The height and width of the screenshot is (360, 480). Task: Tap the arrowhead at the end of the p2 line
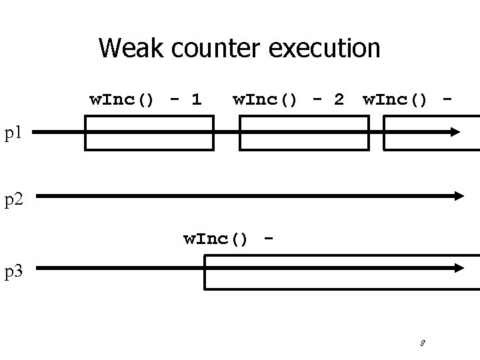point(458,195)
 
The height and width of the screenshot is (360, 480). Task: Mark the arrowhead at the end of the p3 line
point(458,267)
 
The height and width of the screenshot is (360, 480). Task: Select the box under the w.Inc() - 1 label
point(149,133)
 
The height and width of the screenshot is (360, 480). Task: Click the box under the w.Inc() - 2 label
point(303,133)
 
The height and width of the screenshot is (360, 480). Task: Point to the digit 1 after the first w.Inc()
point(195,100)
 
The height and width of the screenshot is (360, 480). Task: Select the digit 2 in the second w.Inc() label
point(338,100)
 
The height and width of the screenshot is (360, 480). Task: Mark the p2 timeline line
point(247,195)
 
